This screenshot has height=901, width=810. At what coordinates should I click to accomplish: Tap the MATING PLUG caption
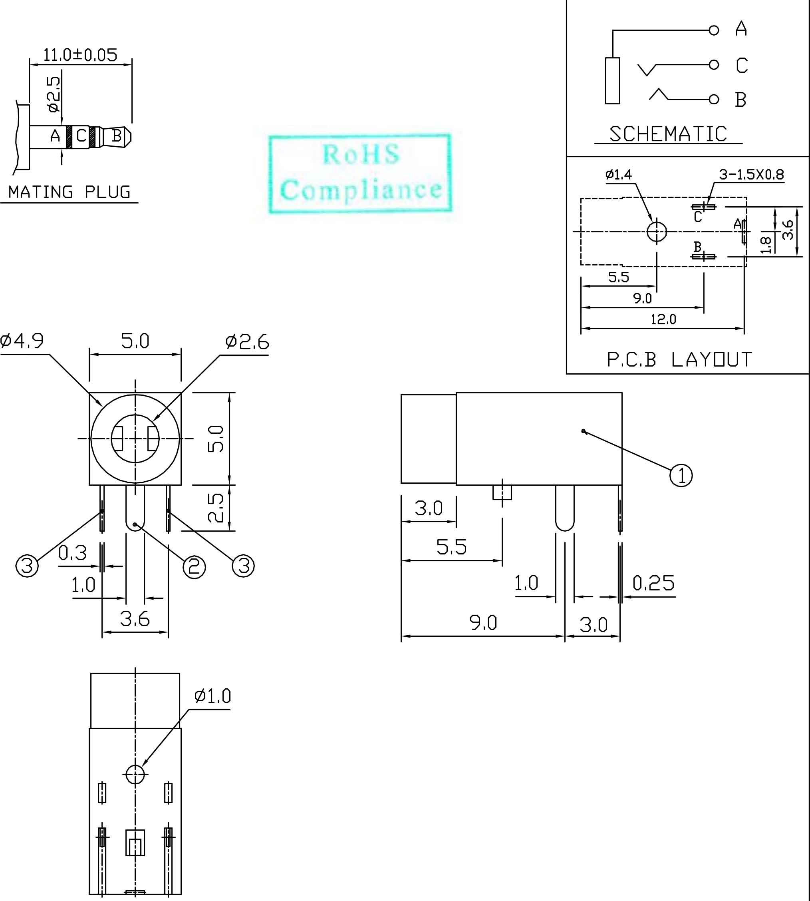69,192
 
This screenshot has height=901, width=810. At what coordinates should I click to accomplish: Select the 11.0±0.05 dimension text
80,55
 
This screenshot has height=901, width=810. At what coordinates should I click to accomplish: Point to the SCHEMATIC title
668,134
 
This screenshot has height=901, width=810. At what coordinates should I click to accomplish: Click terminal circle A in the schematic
714,30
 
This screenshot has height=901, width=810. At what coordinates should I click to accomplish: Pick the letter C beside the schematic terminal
741,66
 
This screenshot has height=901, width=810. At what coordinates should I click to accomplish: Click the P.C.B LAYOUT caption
680,359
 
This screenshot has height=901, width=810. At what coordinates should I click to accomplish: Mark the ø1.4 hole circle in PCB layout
657,231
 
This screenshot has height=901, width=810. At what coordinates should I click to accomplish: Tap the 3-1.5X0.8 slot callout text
751,175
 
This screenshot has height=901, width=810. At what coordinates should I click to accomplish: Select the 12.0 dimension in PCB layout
663,319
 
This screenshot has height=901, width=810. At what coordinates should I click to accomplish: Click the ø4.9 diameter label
22,341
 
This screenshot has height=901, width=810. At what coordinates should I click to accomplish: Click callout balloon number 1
681,475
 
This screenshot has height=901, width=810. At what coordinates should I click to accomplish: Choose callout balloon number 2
195,567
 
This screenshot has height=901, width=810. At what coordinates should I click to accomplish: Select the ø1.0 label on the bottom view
213,696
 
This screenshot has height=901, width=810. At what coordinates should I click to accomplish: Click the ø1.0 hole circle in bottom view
135,775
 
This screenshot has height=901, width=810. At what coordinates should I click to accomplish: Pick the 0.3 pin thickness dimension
73,553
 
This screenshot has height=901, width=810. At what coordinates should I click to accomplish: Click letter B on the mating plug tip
117,136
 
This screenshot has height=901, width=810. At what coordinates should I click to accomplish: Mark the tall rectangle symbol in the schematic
612,81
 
